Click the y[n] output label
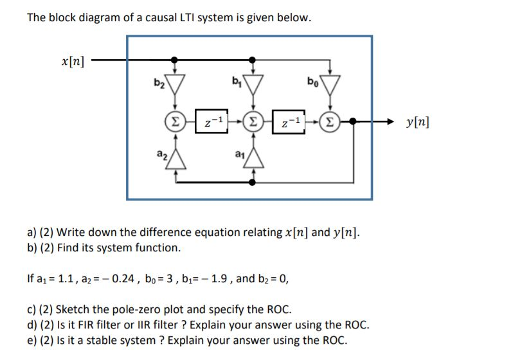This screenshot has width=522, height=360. coord(418,121)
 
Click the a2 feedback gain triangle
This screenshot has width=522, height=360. coord(174,158)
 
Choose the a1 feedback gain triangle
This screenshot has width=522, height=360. coord(253,158)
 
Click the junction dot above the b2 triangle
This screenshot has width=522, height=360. coord(174,61)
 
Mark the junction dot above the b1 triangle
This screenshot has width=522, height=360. coord(253,61)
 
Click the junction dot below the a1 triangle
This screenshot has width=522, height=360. coord(253,182)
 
